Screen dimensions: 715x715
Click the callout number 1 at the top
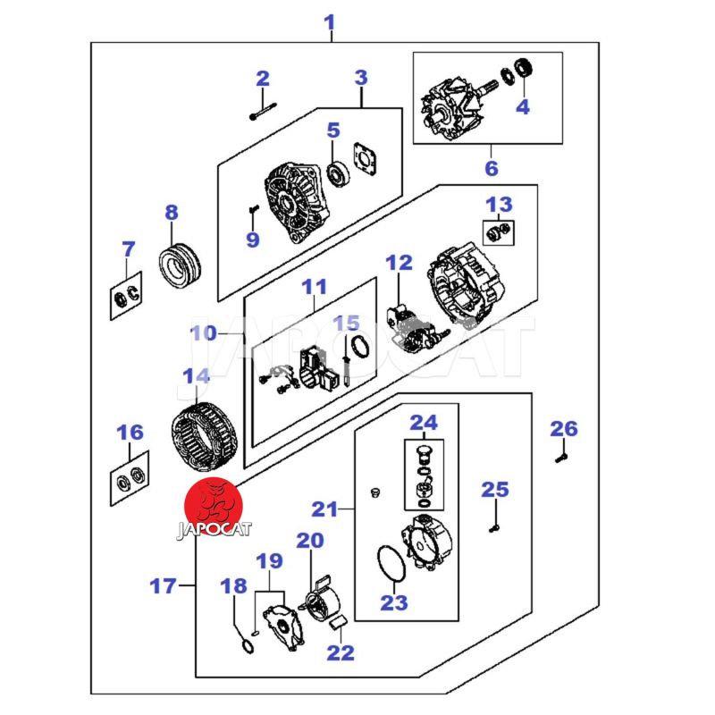(x=330, y=21)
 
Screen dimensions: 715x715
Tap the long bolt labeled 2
(x=262, y=113)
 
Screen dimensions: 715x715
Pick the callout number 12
(x=399, y=263)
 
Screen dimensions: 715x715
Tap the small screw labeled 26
(x=560, y=458)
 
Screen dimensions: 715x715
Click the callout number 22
(x=341, y=652)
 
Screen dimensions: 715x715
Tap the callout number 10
(x=205, y=333)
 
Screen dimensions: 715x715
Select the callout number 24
(x=424, y=422)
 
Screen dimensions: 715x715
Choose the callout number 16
(x=130, y=433)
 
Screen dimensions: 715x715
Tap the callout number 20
(x=310, y=540)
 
